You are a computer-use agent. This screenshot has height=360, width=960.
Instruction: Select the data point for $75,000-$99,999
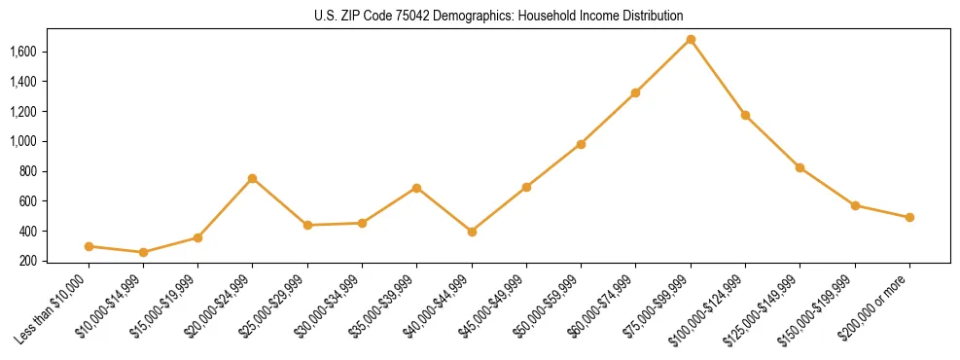pos(691,40)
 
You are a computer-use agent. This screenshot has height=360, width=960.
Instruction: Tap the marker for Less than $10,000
pos(89,246)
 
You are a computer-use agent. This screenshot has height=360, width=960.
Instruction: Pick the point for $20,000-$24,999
pos(253,178)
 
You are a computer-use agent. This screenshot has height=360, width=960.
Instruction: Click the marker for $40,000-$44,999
pos(472,232)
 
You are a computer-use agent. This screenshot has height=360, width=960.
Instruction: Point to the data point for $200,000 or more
pos(909,217)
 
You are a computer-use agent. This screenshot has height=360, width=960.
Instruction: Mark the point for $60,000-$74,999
pos(635,92)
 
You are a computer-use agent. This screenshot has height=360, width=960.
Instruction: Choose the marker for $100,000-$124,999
pos(745,115)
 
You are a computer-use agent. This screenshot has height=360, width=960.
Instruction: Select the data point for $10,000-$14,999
pos(144,252)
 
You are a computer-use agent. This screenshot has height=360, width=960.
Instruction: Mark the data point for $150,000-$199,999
pos(855,205)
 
